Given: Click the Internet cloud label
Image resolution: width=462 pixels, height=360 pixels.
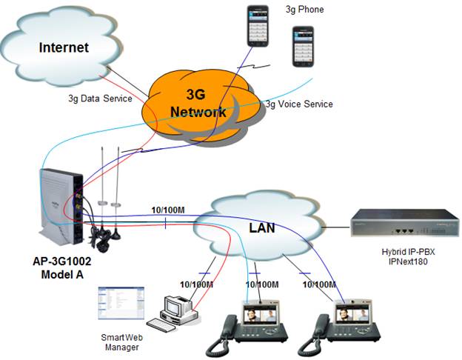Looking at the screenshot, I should (x=63, y=47).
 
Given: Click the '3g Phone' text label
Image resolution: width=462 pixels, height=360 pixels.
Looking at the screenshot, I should (x=304, y=10).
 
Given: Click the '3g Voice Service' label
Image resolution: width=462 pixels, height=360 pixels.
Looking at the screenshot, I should (x=298, y=104).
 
